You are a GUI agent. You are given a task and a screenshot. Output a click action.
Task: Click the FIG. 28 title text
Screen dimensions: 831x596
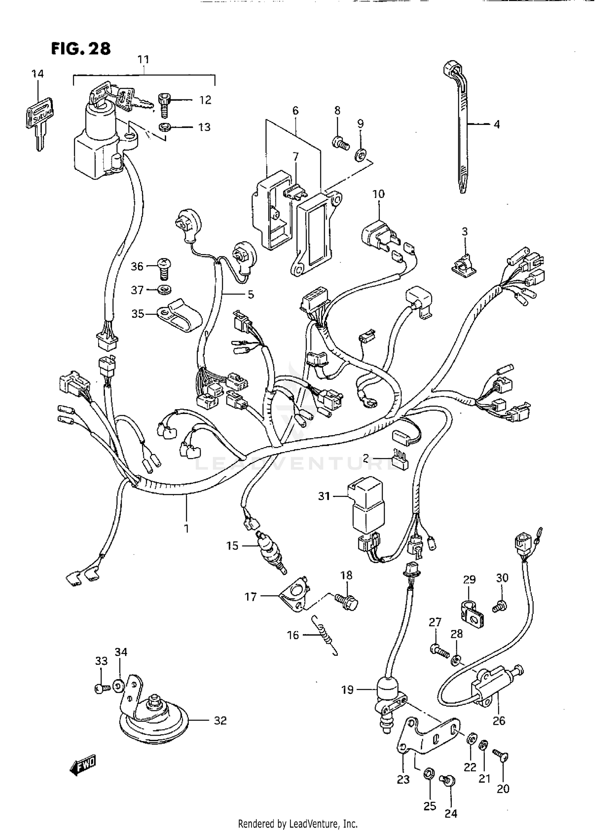coord(81,49)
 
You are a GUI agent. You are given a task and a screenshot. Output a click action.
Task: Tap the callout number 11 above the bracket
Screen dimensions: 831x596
coord(143,60)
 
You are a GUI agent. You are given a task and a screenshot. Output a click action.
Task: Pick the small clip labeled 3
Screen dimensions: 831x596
coord(464,264)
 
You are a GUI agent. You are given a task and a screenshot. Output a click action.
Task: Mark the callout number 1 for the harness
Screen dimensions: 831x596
coord(186,529)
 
